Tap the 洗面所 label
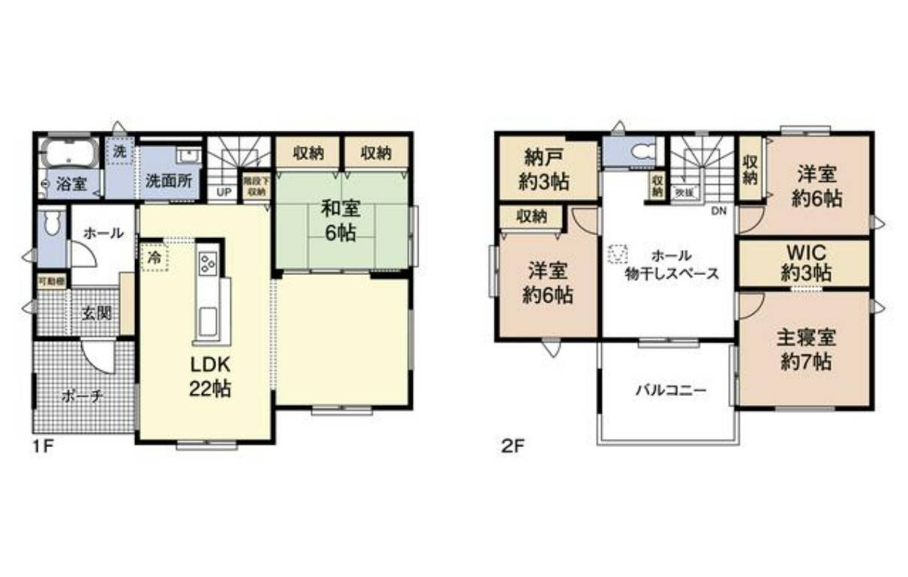pyautogui.click(x=168, y=182)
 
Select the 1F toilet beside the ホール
pyautogui.click(x=52, y=225)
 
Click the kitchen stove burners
pyautogui.click(x=207, y=263)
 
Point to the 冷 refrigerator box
pyautogui.click(x=154, y=257)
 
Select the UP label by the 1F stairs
pyautogui.click(x=224, y=192)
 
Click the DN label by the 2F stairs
pyautogui.click(x=719, y=211)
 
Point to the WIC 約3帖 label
pyautogui.click(x=806, y=261)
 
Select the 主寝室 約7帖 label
pyautogui.click(x=806, y=349)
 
